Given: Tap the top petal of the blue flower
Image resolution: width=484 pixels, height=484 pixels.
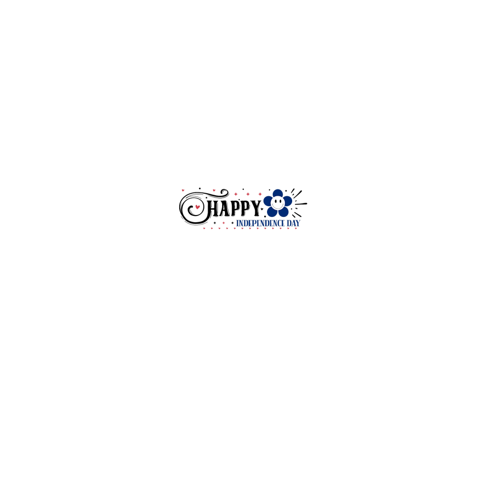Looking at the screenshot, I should point(277,193).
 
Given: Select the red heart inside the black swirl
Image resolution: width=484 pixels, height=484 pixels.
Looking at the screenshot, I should point(197,207).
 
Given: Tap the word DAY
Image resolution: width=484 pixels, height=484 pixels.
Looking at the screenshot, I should point(294,223).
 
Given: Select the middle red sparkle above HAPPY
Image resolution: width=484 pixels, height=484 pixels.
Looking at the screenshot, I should point(248,194).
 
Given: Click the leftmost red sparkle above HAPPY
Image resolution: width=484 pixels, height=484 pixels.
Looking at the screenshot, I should point(236,194).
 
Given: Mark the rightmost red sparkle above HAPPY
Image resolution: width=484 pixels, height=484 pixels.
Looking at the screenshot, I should point(259,194).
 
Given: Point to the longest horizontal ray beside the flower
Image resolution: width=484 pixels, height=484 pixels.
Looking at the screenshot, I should point(301,204).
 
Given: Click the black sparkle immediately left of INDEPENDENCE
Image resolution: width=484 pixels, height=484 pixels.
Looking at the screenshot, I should point(232,223).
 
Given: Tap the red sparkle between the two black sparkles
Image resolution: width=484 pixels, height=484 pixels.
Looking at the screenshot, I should point(224,223).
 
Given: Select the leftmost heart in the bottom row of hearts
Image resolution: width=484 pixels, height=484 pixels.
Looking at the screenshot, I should point(204,228).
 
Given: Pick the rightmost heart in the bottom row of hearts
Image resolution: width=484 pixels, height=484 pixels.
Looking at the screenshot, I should point(296,228).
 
